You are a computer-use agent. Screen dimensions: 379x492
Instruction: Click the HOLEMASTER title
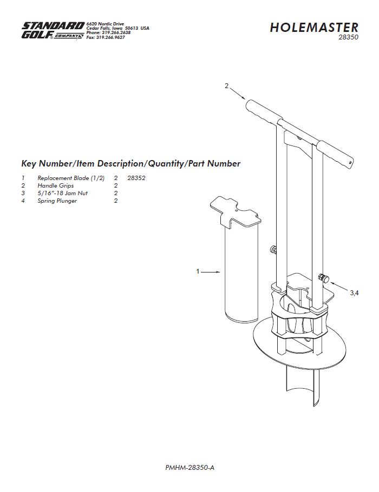pyautogui.click(x=314, y=27)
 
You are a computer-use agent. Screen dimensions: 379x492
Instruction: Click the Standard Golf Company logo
pyautogui.click(x=53, y=30)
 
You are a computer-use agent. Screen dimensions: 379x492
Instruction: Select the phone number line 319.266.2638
pyautogui.click(x=108, y=32)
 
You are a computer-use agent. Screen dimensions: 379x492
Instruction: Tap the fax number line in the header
pyautogui.click(x=106, y=37)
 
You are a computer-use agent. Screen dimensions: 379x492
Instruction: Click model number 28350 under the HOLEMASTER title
pyautogui.click(x=348, y=37)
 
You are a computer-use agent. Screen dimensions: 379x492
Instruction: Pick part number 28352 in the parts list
pyautogui.click(x=136, y=178)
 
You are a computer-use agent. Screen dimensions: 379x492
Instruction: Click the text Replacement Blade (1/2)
pyautogui.click(x=71, y=178)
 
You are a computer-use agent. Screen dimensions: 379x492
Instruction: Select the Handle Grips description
pyautogui.click(x=56, y=186)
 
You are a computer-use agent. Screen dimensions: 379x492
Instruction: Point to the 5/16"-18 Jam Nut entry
pyautogui.click(x=63, y=193)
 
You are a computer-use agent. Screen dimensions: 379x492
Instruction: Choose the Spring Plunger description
pyautogui.click(x=57, y=201)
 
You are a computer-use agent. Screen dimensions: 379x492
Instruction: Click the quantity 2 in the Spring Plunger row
pyautogui.click(x=116, y=201)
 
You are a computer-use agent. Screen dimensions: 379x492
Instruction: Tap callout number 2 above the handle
pyautogui.click(x=226, y=85)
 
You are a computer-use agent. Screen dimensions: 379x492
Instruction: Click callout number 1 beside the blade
pyautogui.click(x=198, y=271)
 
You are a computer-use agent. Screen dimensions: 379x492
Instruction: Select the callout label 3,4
pyautogui.click(x=354, y=292)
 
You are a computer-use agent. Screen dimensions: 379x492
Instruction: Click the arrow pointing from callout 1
pyautogui.click(x=211, y=272)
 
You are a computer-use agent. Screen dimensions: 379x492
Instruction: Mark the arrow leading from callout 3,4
pyautogui.click(x=339, y=287)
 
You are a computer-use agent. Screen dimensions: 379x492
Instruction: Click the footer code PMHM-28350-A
pyautogui.click(x=190, y=468)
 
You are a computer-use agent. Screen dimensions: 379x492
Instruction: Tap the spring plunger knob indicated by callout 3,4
pyautogui.click(x=323, y=278)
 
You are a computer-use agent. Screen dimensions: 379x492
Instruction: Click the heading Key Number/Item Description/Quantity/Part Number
pyautogui.click(x=130, y=163)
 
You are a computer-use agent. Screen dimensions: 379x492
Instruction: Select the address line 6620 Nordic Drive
pyautogui.click(x=105, y=24)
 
